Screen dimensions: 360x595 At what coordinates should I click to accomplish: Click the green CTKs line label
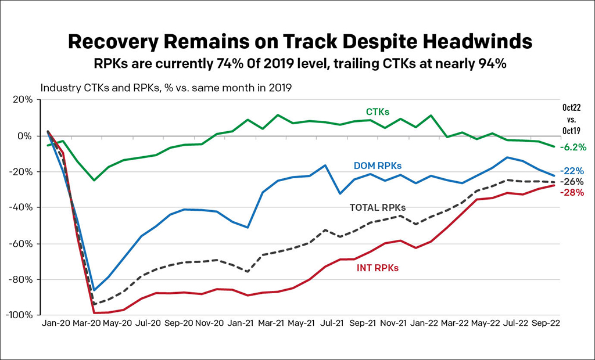(378, 111)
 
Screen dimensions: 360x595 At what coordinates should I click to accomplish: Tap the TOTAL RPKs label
(378, 207)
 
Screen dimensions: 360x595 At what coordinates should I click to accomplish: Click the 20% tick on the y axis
(23, 100)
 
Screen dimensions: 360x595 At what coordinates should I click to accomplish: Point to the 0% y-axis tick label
(26, 136)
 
